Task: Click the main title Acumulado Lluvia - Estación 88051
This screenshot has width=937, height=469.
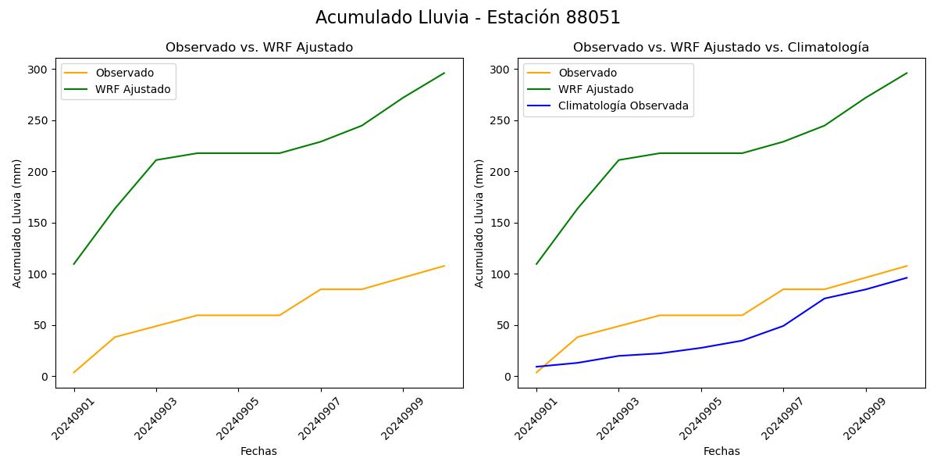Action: (468, 18)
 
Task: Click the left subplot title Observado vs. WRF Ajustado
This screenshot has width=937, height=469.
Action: (258, 48)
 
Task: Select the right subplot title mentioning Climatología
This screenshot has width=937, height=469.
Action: (721, 48)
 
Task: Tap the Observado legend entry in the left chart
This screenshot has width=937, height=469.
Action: (124, 73)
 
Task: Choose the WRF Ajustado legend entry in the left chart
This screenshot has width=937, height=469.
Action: (133, 90)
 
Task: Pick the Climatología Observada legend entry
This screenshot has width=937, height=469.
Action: (623, 106)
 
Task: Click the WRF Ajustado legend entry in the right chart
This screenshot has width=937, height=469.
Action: (596, 90)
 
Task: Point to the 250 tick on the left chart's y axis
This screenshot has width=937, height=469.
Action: (37, 121)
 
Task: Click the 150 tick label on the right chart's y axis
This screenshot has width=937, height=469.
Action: (500, 224)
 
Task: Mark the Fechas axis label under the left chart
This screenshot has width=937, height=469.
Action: (258, 452)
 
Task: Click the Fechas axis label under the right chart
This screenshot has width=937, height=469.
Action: (721, 452)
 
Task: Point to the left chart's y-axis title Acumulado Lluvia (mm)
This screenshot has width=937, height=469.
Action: (17, 224)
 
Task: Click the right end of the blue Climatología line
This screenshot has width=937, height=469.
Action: (907, 277)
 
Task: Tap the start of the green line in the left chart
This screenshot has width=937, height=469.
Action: (74, 263)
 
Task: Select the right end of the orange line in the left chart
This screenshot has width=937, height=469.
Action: (444, 266)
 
